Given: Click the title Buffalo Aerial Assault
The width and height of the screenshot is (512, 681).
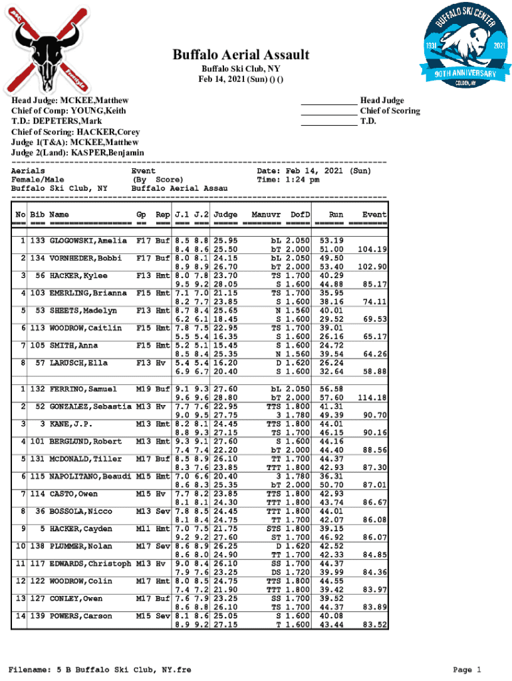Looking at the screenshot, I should pos(241,55).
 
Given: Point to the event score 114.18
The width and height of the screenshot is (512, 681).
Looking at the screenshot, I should pos(372,398).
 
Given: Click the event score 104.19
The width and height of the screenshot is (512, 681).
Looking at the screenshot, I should pos(372,249).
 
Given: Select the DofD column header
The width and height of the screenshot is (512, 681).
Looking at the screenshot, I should pos(300,215).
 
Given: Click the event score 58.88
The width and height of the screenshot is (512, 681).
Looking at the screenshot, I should pos(374,371).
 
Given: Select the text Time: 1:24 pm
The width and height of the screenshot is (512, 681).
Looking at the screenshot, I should pos(288,180).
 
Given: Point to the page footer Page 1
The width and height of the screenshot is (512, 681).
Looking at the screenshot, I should pos(466,670).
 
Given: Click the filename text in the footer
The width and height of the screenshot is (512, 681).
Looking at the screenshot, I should pos(99,670).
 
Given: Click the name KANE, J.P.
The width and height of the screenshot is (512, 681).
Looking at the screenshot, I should pos(70,424).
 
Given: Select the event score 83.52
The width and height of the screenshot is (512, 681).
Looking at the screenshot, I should pos(374,625).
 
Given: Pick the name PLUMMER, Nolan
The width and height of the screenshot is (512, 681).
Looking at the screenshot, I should pos(83,546).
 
